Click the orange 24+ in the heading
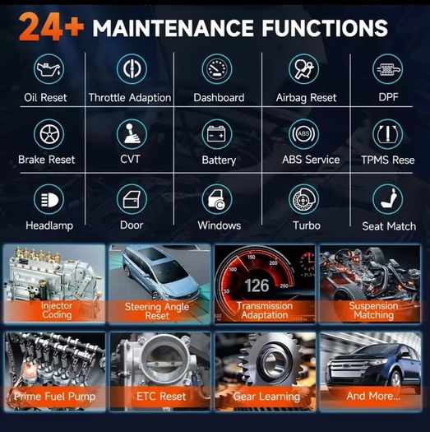[51, 27]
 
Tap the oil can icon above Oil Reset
[49, 68]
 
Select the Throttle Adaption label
[130, 98]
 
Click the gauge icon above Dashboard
[217, 68]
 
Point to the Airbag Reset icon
[303, 68]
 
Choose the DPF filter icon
[387, 68]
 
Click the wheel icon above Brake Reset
[49, 134]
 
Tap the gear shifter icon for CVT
[132, 134]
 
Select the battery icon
[217, 134]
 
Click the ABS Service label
[311, 160]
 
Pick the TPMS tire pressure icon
[387, 134]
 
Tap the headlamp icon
[49, 199]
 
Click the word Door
[132, 225]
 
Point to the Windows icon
[217, 199]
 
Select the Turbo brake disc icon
[303, 199]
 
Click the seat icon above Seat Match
[387, 199]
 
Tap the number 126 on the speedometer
[257, 286]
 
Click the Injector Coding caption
[57, 310]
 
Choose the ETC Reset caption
[161, 396]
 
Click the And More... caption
[373, 396]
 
